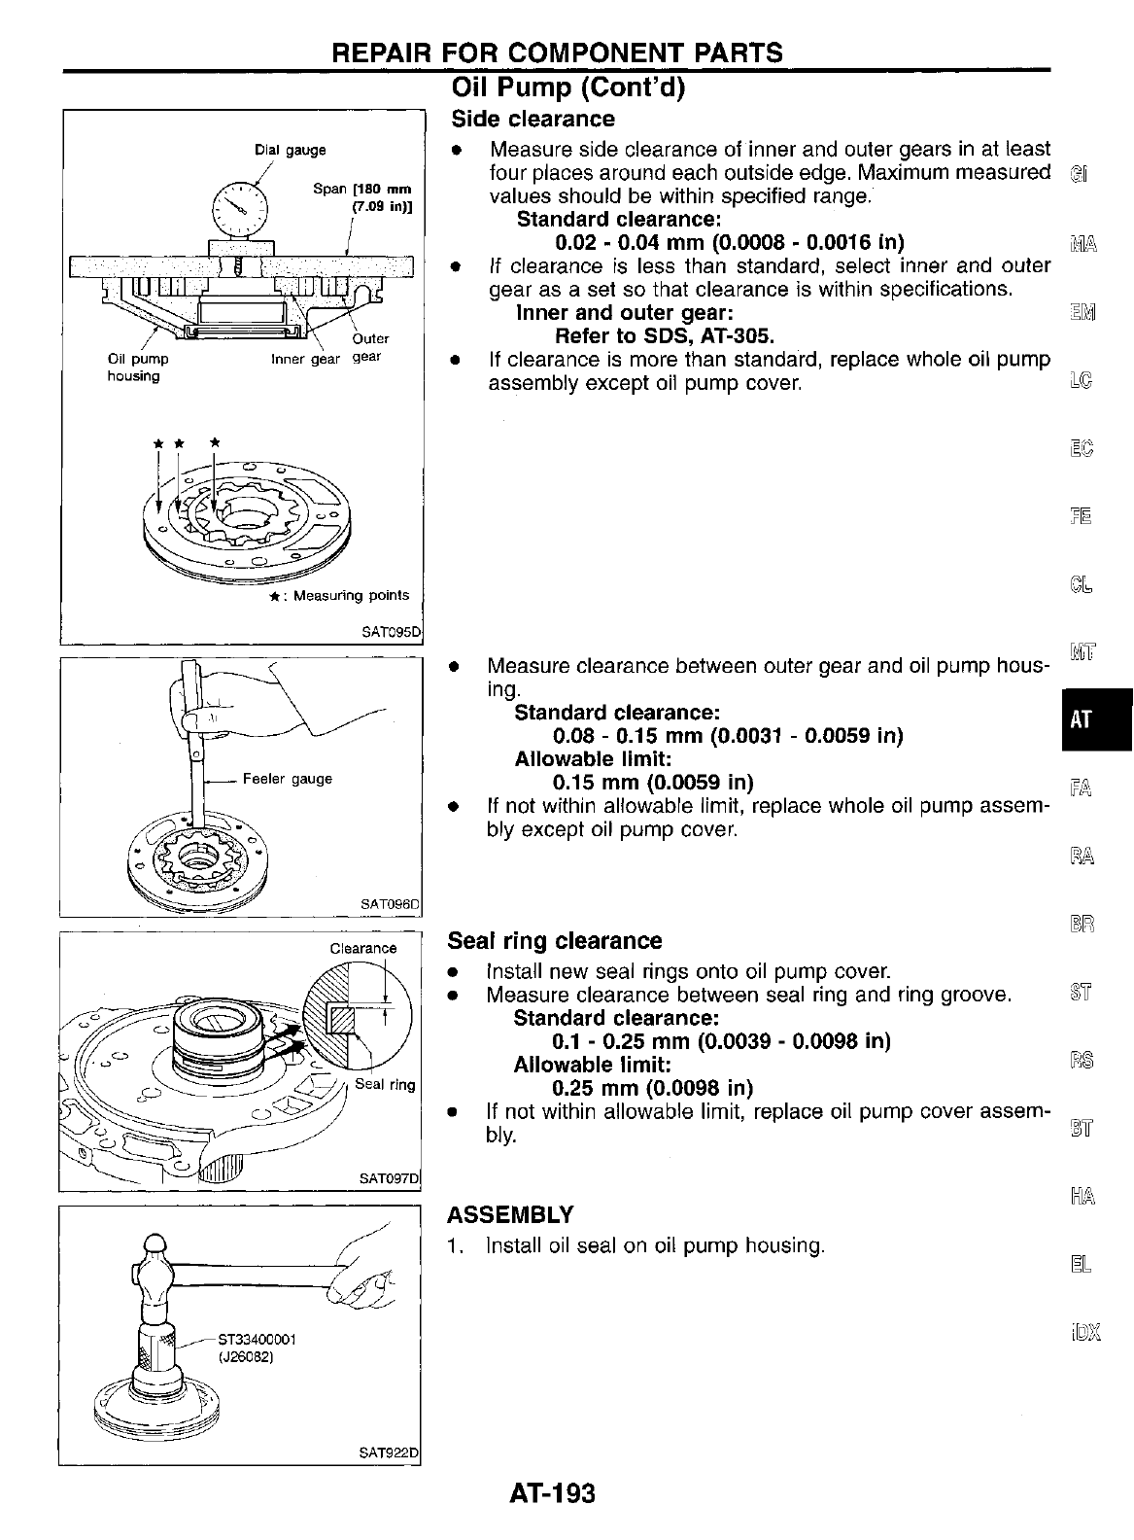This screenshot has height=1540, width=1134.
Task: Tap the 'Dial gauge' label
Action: coord(290,150)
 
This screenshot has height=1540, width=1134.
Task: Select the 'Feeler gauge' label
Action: coord(287,779)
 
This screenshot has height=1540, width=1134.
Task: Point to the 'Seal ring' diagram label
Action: coord(385,1084)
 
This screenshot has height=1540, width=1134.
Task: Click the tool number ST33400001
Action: coord(252,1339)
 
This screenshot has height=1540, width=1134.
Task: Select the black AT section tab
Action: coord(1081,719)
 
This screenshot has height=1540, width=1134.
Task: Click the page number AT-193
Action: coord(551,1492)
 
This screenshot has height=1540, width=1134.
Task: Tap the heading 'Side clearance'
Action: coord(533,119)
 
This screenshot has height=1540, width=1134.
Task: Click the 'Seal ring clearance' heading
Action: coord(554,940)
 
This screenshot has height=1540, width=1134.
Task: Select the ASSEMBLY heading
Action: coord(510,1214)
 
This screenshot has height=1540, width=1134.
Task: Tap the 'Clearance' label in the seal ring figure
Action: coord(363,948)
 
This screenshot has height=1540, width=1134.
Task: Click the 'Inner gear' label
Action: coord(305,359)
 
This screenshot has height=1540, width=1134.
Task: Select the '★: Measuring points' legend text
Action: coord(339,595)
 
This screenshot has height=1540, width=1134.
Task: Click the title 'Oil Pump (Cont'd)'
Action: coord(569,88)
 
